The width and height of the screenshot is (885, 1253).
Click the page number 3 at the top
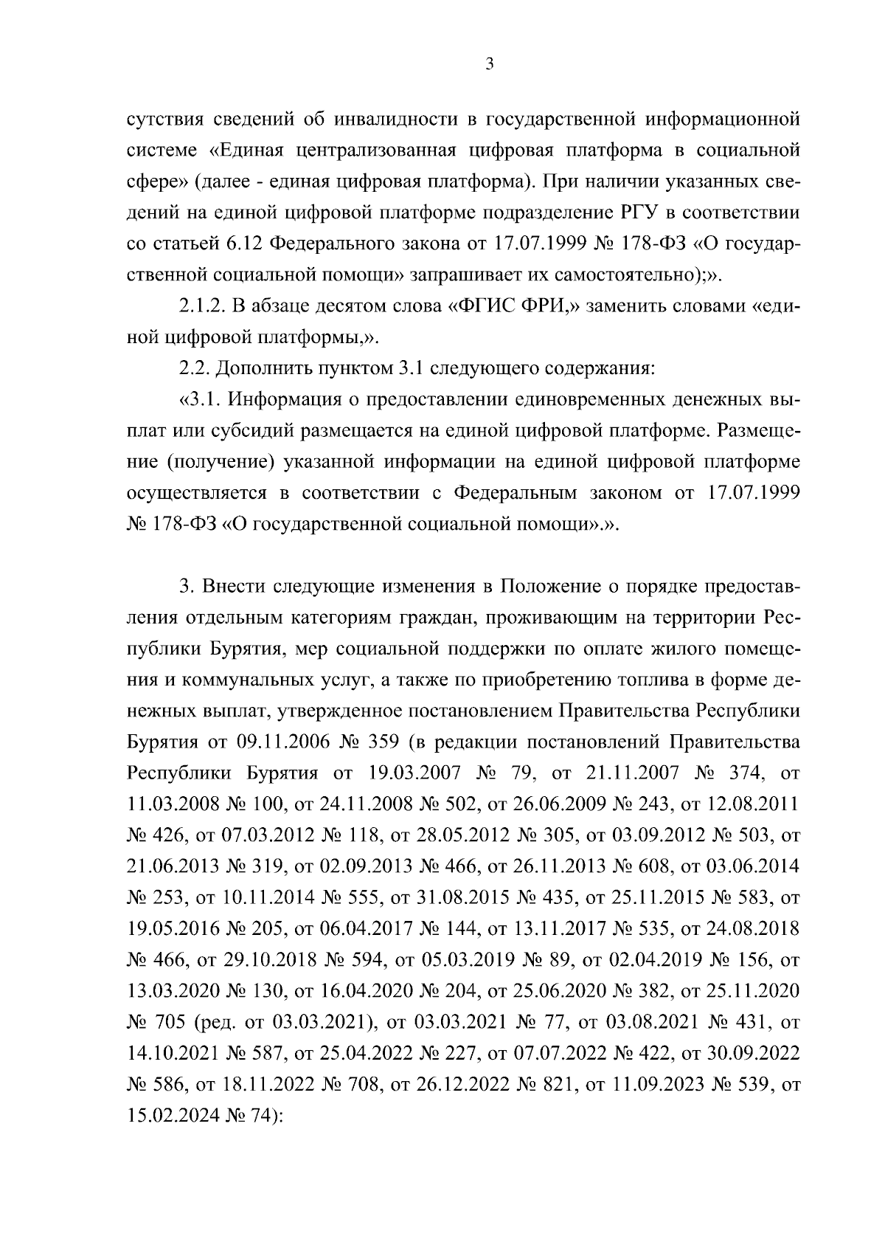[x=489, y=65]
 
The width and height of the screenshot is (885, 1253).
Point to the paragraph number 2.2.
[x=195, y=368]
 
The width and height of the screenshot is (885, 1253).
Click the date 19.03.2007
[x=414, y=773]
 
